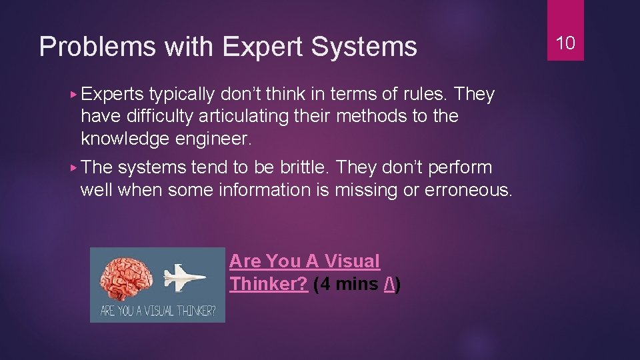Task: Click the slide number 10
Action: pos(565,43)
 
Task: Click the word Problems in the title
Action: pos(83,47)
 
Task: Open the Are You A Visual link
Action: pos(304,261)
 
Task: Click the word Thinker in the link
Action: pos(267,285)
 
